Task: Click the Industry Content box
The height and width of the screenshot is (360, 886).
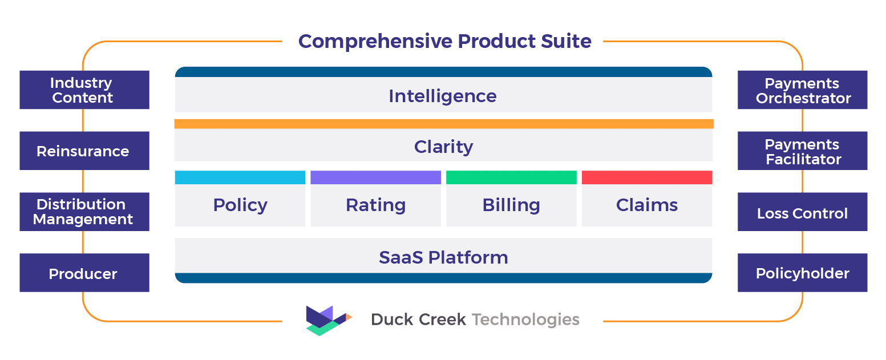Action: (x=84, y=90)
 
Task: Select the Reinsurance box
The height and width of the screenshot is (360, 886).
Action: (x=84, y=151)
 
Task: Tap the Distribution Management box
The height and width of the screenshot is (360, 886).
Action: (x=84, y=212)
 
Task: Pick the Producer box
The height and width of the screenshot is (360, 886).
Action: (x=84, y=273)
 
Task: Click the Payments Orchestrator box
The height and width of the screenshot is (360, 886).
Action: (x=802, y=90)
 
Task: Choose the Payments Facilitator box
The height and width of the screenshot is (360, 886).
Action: (x=802, y=151)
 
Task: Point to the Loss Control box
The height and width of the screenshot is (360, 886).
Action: (x=802, y=212)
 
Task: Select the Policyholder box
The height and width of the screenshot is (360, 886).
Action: (x=802, y=273)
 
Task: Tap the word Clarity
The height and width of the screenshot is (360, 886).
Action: (x=443, y=147)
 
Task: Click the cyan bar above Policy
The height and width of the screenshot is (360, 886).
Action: (x=240, y=177)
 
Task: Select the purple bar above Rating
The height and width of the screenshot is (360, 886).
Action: (x=376, y=177)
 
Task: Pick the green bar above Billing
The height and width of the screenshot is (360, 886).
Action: (x=511, y=177)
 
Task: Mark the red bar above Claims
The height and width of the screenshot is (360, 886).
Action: (x=647, y=177)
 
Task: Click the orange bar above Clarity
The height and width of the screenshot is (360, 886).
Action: (x=444, y=124)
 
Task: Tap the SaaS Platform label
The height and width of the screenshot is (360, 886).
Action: (x=443, y=257)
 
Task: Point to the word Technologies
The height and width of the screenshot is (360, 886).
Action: (x=525, y=319)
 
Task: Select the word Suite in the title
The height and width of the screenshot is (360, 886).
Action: (x=566, y=41)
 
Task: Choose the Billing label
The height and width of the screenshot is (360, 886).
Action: (x=511, y=205)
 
